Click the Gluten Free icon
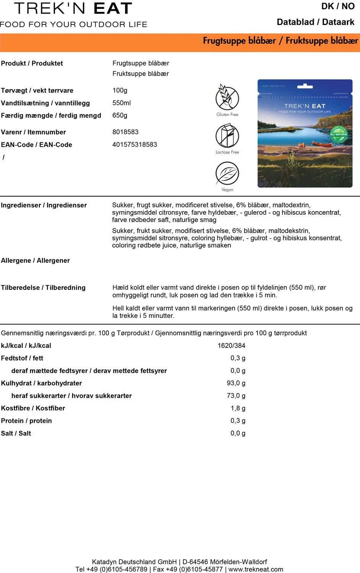pos(227,98)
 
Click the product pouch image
pos(305,133)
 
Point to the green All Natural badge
pos(339,134)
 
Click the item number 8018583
pos(125,132)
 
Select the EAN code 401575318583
pos(135,144)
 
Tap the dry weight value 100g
pos(120,90)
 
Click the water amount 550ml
pos(122,103)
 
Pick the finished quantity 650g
pos(120,115)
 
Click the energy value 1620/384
pos(231,345)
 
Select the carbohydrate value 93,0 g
pos(236,383)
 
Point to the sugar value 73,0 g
pos(236,395)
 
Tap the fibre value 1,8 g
pos(238,408)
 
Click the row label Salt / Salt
pos(16,433)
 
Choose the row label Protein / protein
pos(26,421)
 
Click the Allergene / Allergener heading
pos(35,261)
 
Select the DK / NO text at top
pos(337,6)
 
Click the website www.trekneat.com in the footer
pos(256,569)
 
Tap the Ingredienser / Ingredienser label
pos(44,205)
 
